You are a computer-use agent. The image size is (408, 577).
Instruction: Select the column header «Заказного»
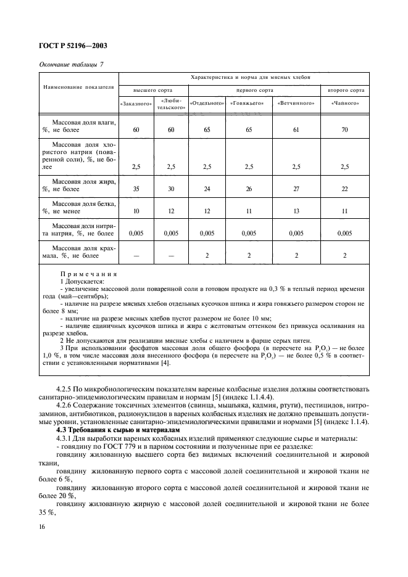click(136, 104)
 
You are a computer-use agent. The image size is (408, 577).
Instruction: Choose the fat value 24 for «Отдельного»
click(206, 189)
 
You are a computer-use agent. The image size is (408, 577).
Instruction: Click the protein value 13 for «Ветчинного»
click(296, 211)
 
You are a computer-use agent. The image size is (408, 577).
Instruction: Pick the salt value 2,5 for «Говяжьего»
click(249, 167)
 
